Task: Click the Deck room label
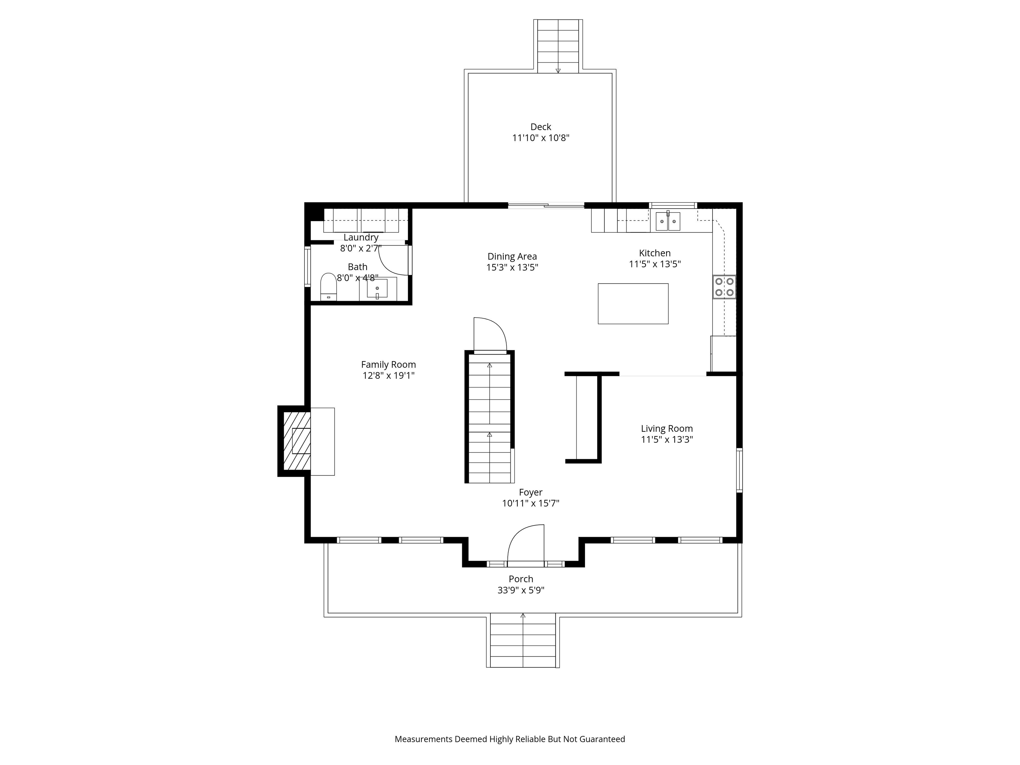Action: pyautogui.click(x=541, y=127)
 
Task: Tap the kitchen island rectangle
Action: pyautogui.click(x=633, y=304)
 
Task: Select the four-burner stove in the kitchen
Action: pyautogui.click(x=724, y=286)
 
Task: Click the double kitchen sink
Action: pyautogui.click(x=668, y=221)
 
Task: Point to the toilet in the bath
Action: pyautogui.click(x=328, y=287)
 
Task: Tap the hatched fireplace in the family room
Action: pyautogui.click(x=296, y=441)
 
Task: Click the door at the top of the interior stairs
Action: pyautogui.click(x=490, y=335)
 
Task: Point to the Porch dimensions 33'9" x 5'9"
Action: pyautogui.click(x=521, y=590)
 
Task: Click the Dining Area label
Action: pyautogui.click(x=512, y=256)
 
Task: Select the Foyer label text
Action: pyautogui.click(x=530, y=492)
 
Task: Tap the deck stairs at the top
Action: pyautogui.click(x=558, y=46)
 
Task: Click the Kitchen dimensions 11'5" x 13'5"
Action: pyautogui.click(x=655, y=264)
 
